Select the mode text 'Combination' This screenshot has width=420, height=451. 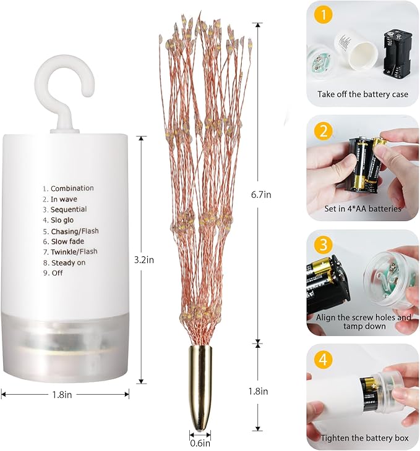click(72, 188)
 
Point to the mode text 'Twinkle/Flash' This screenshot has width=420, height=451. click(74, 252)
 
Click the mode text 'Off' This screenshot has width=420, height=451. click(57, 273)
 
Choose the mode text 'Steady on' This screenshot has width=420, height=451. click(68, 263)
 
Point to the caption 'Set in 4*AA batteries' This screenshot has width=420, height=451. click(362, 209)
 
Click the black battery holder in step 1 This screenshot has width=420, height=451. click(398, 56)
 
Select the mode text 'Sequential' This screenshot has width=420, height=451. click(69, 209)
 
